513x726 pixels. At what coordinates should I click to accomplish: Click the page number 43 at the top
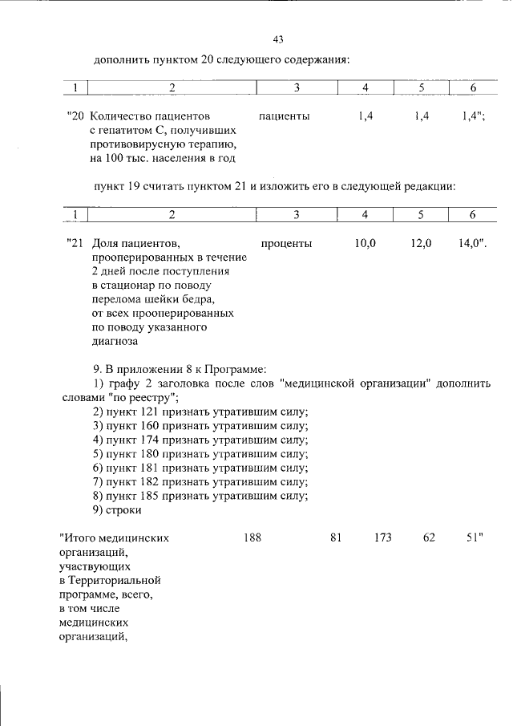(278, 39)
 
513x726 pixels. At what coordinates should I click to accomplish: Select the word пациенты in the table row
(285, 116)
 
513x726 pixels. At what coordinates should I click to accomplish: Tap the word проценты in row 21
(286, 243)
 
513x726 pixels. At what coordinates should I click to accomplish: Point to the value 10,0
(366, 243)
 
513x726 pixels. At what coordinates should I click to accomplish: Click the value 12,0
(421, 243)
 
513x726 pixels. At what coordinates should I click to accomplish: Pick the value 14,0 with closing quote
(473, 243)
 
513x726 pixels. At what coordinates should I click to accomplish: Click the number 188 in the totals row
(252, 537)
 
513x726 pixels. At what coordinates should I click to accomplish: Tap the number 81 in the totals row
(336, 537)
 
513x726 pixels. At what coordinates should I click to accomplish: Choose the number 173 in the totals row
(382, 537)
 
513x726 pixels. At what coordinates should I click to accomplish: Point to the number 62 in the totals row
(429, 537)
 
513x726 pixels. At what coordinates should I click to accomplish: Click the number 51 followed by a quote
(475, 537)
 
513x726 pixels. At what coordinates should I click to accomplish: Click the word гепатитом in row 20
(125, 131)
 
